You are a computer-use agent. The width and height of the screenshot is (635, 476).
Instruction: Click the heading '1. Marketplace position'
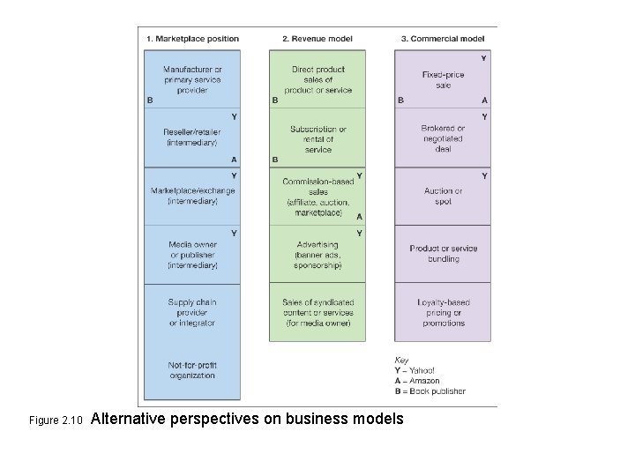(192, 39)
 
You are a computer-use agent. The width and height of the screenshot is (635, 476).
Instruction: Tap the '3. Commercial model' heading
(442, 39)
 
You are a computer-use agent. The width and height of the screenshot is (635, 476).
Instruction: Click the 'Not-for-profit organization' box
(192, 370)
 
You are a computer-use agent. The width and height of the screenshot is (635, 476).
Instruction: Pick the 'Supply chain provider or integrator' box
(192, 313)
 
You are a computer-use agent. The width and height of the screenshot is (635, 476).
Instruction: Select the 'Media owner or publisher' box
(192, 255)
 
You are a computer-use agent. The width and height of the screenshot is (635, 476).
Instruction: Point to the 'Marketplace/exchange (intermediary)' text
(192, 196)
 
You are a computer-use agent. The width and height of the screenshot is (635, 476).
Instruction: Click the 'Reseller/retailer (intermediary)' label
(192, 138)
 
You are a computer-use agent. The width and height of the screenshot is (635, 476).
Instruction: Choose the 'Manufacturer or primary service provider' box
(192, 79)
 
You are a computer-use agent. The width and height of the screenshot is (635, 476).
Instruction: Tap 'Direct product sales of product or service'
(318, 79)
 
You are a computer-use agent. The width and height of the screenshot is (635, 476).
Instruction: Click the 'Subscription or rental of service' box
(318, 138)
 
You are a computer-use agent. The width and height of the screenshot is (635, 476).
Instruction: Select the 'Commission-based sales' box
(318, 197)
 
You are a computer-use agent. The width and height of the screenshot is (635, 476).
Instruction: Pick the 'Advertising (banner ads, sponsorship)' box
(318, 255)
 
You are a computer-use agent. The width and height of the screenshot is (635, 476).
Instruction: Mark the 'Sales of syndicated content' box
(318, 313)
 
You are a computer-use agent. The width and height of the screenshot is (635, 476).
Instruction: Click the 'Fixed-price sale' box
(444, 80)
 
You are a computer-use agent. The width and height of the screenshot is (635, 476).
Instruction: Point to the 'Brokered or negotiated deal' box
(444, 138)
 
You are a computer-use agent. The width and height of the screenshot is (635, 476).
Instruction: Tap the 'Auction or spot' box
(444, 196)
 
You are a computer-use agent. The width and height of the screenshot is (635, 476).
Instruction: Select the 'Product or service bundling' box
(444, 254)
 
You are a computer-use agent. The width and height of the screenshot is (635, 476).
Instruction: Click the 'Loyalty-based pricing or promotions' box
(444, 313)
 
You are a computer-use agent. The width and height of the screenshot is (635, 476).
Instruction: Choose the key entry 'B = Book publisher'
(430, 390)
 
